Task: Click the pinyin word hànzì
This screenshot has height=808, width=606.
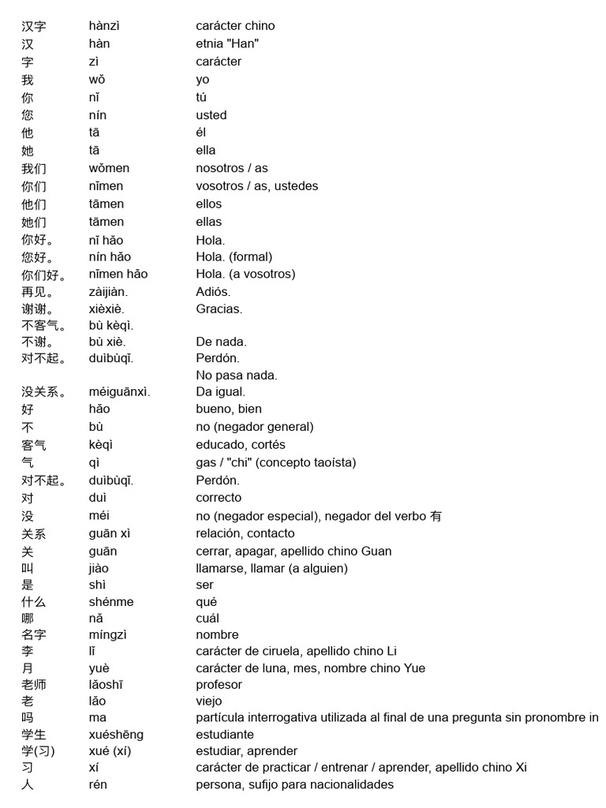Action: (104, 26)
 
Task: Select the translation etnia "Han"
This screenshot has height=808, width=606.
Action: (227, 43)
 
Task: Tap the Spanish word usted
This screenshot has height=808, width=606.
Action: (211, 115)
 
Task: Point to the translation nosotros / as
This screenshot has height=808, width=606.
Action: (232, 168)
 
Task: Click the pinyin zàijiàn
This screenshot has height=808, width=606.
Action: (108, 292)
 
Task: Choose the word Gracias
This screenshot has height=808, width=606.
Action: (219, 309)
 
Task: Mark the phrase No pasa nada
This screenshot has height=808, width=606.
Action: (237, 375)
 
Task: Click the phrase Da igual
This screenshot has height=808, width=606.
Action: (221, 391)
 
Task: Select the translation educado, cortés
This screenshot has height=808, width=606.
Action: (241, 444)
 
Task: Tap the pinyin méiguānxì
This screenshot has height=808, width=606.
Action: (119, 391)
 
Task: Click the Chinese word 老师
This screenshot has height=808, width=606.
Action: (34, 685)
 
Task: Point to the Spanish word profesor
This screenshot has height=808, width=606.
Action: (219, 684)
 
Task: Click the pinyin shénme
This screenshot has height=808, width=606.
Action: (111, 601)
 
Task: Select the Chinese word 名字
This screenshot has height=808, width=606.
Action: (34, 635)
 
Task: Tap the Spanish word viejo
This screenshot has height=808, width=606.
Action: (209, 701)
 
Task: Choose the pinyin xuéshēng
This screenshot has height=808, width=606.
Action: (116, 735)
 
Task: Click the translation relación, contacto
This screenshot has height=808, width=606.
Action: (245, 533)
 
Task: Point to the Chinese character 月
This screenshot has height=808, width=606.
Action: (28, 668)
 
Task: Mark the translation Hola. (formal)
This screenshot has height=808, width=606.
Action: (234, 256)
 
